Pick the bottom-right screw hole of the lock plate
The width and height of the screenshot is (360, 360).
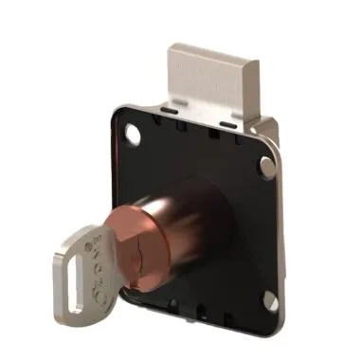[x=269, y=301]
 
